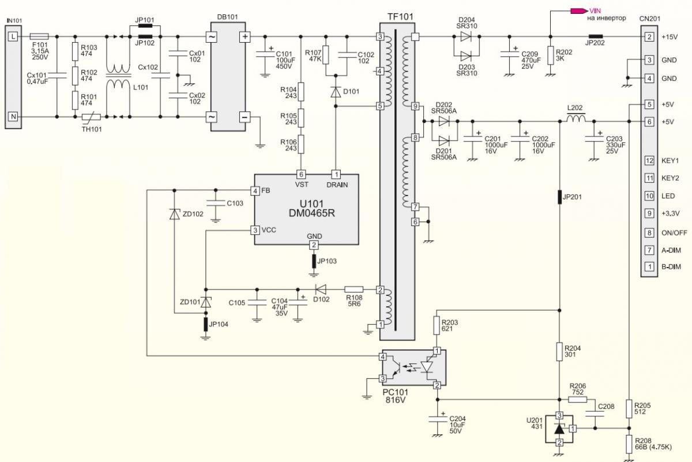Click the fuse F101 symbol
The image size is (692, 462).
tap(39, 36)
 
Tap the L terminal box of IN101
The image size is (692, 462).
tap(13, 36)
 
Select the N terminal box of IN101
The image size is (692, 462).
tap(13, 117)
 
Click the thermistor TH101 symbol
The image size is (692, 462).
tap(92, 117)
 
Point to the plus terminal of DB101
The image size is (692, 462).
tap(245, 37)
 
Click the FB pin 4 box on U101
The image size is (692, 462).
tap(255, 191)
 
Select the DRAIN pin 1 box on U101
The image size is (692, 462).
tap(336, 174)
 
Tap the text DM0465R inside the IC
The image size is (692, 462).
tap(312, 213)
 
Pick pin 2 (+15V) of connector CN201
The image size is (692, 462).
tap(649, 37)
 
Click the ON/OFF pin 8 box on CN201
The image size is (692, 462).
tap(649, 232)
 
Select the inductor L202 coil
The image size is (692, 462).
tap(576, 118)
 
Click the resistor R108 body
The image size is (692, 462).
tap(353, 290)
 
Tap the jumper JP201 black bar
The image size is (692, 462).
tap(559, 197)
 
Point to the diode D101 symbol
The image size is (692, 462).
tap(336, 92)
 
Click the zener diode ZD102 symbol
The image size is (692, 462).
tap(175, 214)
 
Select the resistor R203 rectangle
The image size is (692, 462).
tap(436, 325)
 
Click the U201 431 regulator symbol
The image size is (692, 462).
tap(559, 429)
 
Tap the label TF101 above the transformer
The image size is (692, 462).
tap(400, 17)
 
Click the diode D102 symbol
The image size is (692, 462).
tap(321, 290)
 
